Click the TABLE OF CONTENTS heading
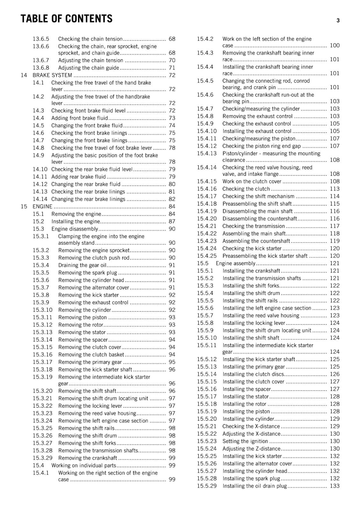[66, 19]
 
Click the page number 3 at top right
[338, 21]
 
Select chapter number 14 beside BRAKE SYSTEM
[24, 75]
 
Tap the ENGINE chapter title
[42, 207]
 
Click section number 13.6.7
[41, 60]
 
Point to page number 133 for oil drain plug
[335, 486]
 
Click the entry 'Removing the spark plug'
[88, 273]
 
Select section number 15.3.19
[42, 377]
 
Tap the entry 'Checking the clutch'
[246, 189]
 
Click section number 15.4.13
[206, 153]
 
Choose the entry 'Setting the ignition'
[245, 441]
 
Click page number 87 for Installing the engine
[172, 222]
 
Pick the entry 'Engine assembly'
[235, 264]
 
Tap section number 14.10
[40, 169]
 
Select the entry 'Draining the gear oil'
[82, 265]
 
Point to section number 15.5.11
[206, 345]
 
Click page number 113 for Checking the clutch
[335, 189]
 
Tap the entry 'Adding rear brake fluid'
[78, 177]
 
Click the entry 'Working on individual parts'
[83, 466]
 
